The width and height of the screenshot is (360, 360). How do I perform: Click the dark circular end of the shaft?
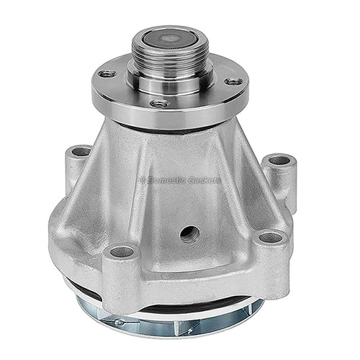click(x=170, y=39)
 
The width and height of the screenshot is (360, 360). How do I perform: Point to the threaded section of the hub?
click(x=170, y=58)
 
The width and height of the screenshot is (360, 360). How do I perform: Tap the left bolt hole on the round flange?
click(x=107, y=73)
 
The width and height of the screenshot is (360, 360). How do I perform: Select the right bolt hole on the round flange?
click(x=233, y=81)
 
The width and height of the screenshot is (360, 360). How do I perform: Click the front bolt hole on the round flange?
click(x=160, y=104)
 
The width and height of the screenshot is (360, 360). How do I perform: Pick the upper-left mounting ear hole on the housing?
click(x=81, y=152)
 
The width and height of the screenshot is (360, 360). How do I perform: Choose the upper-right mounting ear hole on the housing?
click(x=280, y=161)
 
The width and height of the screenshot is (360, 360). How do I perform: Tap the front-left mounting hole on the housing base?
click(x=122, y=251)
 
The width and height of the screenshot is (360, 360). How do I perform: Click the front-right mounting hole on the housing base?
click(x=271, y=238)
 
